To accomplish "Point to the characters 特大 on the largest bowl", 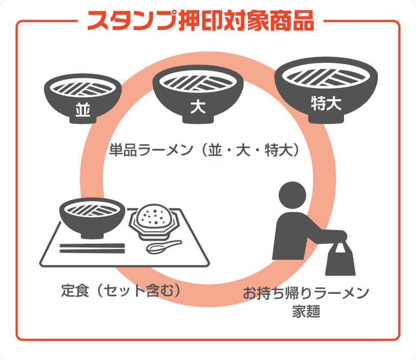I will click(326, 103).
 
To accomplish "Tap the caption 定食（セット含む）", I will click(120, 290).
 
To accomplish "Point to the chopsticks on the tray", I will click(92, 248).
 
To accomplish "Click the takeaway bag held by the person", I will click(340, 263).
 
